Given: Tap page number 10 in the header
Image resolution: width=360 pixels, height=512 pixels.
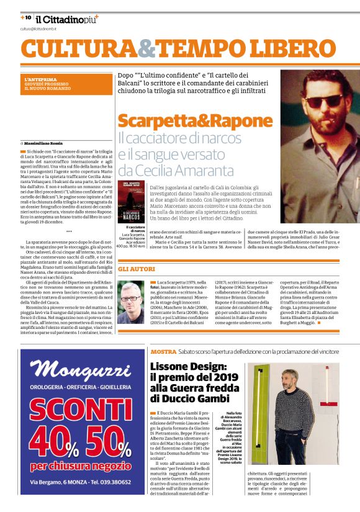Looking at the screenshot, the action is (x=27, y=18).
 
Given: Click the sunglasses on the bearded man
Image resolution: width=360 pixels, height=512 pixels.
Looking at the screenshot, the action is (x=322, y=99).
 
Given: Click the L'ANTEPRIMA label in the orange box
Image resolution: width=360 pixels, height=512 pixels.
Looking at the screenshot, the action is (x=37, y=79).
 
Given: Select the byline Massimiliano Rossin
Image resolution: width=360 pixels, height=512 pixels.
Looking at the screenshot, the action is (x=45, y=143).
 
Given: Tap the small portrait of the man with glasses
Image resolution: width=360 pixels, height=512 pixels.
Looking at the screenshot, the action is (x=131, y=303).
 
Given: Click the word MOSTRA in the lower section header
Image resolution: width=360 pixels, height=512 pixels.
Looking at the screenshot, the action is (x=163, y=352).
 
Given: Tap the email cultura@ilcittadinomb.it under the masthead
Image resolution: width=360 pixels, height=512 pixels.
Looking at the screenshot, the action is (x=38, y=29).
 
